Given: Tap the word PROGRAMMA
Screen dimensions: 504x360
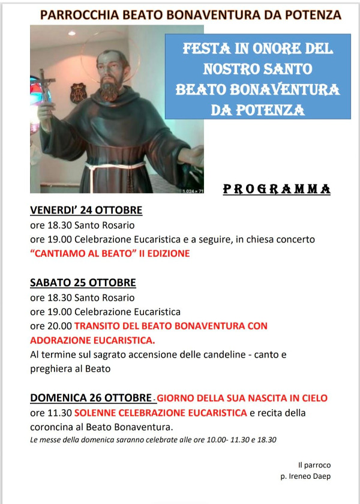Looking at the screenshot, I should click(x=277, y=190).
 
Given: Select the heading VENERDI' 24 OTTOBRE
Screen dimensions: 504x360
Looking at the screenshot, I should click(x=86, y=211).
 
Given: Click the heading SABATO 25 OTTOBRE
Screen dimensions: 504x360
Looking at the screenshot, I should click(x=83, y=283).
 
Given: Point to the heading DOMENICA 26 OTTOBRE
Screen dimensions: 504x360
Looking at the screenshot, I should click(x=91, y=398).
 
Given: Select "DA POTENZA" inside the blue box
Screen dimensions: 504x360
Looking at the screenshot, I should click(x=257, y=110).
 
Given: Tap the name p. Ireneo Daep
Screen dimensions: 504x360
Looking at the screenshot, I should click(x=305, y=476).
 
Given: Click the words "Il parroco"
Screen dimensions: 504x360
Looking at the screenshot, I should click(x=314, y=465).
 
